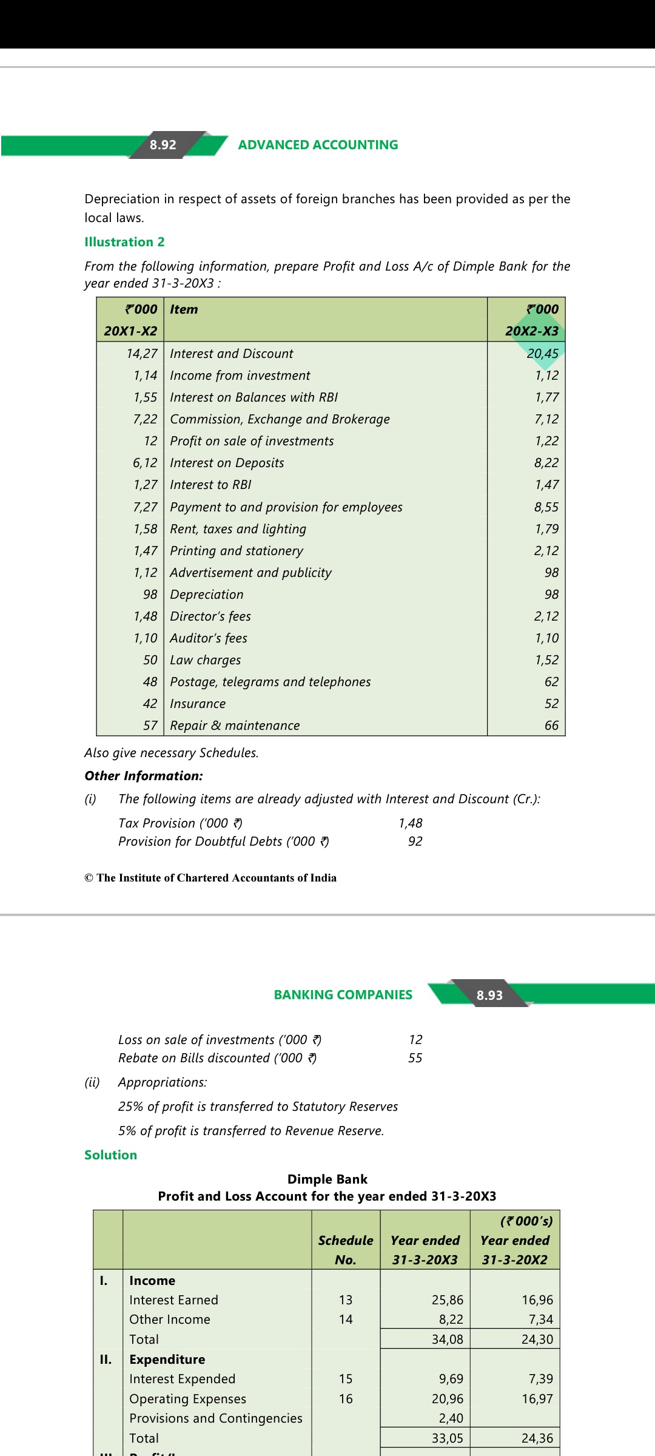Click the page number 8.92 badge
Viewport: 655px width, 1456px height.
[x=163, y=145]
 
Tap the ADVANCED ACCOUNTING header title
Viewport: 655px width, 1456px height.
[x=318, y=145]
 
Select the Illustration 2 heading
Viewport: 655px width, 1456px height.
[x=124, y=242]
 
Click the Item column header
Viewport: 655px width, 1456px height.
[x=184, y=309]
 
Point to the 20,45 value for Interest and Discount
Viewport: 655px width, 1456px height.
[x=542, y=354]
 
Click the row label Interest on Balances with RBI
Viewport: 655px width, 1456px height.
[x=254, y=397]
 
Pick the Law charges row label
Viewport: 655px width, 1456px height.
[x=205, y=660]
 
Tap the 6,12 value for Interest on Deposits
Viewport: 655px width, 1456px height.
[x=145, y=463]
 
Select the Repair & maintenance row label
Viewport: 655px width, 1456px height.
[x=235, y=726]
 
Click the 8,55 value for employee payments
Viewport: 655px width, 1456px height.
[x=546, y=507]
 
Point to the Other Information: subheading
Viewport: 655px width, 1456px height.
[x=144, y=776]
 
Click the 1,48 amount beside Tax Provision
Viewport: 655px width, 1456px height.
[x=411, y=823]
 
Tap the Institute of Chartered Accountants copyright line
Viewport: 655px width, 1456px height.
[x=210, y=878]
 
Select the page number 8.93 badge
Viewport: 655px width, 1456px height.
[x=489, y=995]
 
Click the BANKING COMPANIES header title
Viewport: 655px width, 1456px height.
[x=343, y=995]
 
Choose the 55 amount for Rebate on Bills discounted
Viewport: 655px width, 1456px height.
[x=415, y=1058]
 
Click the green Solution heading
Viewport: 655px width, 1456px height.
[x=110, y=1155]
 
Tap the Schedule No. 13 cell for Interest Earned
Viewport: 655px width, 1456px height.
[x=346, y=1300]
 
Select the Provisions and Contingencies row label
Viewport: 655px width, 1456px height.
[x=215, y=1418]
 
